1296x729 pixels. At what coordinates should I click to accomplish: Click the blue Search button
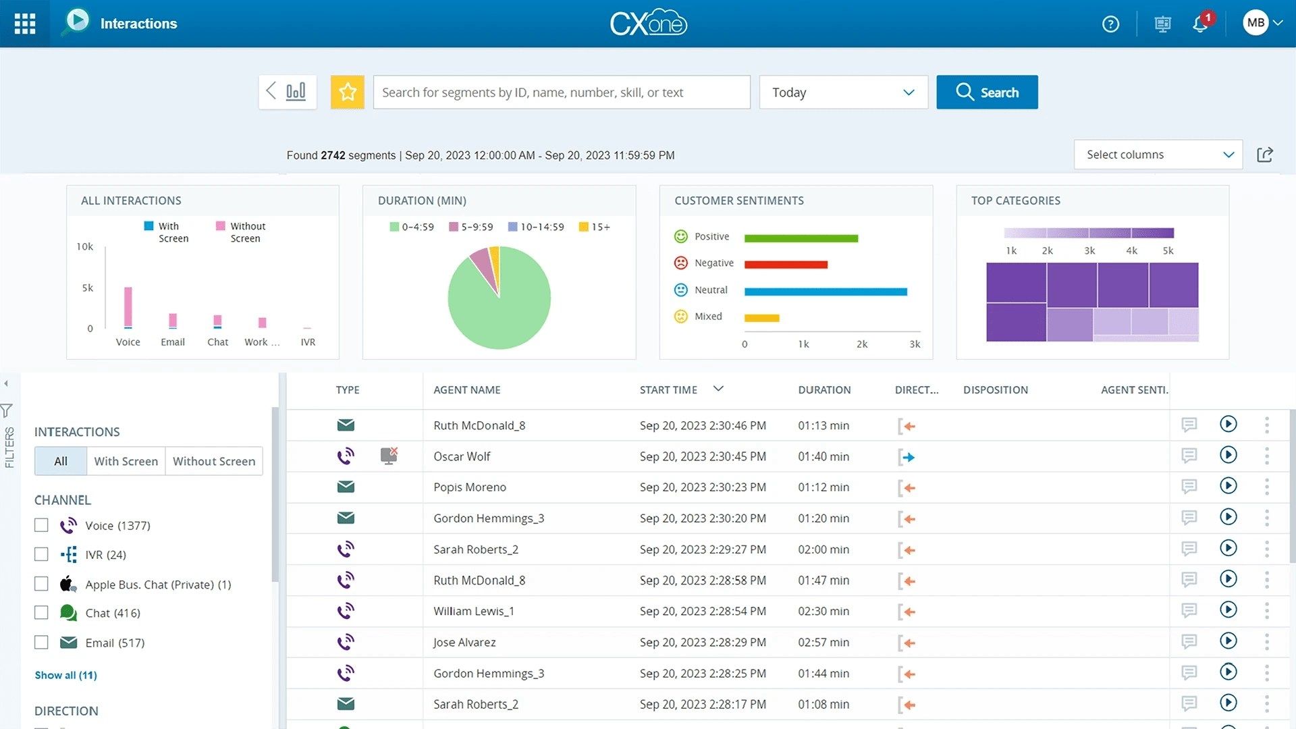point(986,92)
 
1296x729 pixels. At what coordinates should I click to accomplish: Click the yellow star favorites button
point(348,92)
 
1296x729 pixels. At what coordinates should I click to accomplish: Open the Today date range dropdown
point(842,92)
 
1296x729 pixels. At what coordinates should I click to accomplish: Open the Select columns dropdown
point(1158,155)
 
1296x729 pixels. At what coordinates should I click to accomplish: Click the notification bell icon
point(1199,24)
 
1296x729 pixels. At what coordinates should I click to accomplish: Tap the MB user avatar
point(1255,23)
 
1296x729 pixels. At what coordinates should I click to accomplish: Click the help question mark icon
point(1110,24)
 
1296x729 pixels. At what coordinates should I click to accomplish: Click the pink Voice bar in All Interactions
point(128,306)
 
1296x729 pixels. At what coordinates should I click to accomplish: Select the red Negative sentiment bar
point(786,265)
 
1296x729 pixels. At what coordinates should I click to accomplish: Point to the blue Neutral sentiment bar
point(825,292)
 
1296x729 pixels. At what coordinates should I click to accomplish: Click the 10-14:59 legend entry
point(536,227)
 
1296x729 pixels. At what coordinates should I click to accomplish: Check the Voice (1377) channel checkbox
point(42,525)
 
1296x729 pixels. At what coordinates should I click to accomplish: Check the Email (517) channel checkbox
point(42,643)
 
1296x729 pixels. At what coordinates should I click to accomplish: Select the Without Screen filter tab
point(214,461)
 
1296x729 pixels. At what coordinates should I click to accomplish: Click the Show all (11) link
point(65,675)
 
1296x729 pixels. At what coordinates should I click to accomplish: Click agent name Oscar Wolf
point(462,456)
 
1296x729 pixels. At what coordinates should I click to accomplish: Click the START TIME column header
point(668,389)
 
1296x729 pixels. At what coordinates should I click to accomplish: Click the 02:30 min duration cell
point(823,611)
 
